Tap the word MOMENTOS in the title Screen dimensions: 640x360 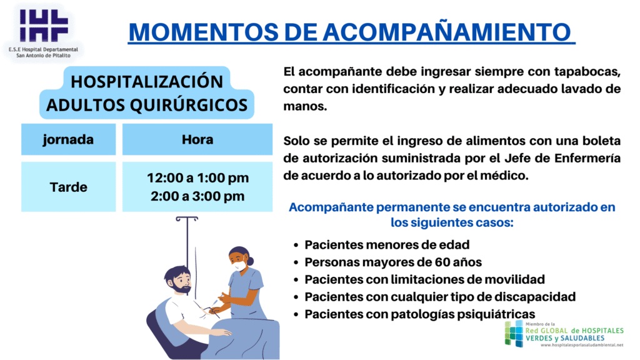pyautogui.click(x=204, y=32)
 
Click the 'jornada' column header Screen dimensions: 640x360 pyautogui.click(x=68, y=139)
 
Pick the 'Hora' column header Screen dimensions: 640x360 pyautogui.click(x=197, y=139)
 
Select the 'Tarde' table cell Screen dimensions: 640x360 pyautogui.click(x=69, y=187)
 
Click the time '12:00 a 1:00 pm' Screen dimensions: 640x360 pyautogui.click(x=198, y=178)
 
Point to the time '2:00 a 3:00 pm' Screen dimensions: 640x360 pyautogui.click(x=197, y=196)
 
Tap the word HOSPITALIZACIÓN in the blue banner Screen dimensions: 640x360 pyautogui.click(x=147, y=81)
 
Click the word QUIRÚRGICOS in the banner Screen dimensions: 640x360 pyautogui.click(x=189, y=105)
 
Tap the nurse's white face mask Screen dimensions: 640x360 pyautogui.click(x=239, y=265)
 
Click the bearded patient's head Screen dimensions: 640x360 pyautogui.click(x=178, y=279)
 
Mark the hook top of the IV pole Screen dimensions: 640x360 pyautogui.click(x=187, y=219)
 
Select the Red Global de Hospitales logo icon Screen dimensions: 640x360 pyautogui.click(x=514, y=334)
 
